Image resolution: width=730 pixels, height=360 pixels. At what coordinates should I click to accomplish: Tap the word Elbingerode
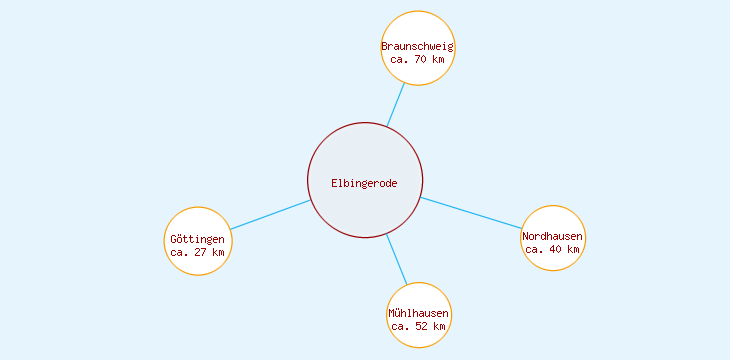365,182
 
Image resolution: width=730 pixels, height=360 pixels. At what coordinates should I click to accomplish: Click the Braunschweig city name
418,46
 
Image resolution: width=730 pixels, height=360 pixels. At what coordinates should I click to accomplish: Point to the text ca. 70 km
418,59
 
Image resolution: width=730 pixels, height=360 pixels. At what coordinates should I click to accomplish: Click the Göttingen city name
198,239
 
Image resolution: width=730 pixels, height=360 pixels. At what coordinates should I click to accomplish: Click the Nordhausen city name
552,236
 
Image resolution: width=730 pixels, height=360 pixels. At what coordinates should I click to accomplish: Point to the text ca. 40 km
552,249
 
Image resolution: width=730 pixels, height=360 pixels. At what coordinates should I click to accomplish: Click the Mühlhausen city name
418,313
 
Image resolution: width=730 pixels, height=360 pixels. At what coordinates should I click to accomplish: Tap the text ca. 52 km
418,326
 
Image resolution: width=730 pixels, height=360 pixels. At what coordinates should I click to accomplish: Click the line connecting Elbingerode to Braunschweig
396,104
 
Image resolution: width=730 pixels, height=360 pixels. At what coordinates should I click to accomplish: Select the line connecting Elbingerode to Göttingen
270,215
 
